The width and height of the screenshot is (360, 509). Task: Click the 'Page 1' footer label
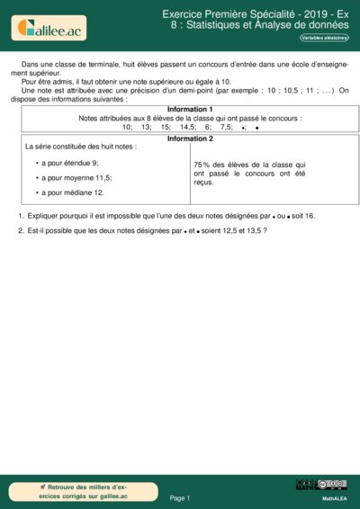point(180,497)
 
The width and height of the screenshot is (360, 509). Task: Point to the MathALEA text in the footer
point(335,497)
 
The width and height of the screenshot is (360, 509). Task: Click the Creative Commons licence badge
point(321,486)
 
